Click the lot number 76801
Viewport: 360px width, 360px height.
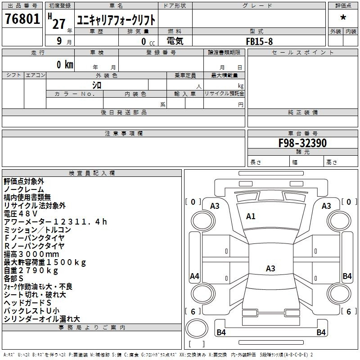22,18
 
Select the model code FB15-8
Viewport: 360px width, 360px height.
259,41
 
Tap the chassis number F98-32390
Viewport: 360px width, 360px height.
302,143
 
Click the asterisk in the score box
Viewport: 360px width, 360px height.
343,18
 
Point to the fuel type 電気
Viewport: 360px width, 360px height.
175,41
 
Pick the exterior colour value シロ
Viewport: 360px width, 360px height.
97,85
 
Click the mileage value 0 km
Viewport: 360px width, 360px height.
65,64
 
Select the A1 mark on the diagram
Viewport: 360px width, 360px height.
251,216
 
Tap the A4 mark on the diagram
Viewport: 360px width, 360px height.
194,276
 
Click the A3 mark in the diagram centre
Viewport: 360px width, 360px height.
270,268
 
